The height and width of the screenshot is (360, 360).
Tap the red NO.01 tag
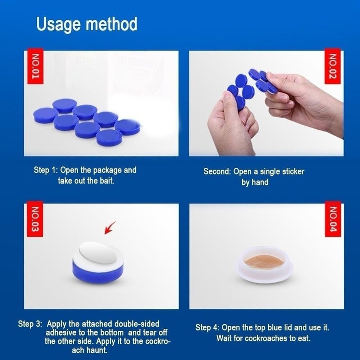(35, 66)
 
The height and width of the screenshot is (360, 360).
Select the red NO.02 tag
(332, 66)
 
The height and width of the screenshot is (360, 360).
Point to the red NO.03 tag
(35, 219)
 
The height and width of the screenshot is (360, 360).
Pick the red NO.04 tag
(333, 219)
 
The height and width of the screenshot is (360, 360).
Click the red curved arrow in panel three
(110, 228)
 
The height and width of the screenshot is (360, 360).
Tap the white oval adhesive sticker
(97, 253)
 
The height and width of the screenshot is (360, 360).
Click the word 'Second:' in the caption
(217, 171)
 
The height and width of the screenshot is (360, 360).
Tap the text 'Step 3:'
(30, 324)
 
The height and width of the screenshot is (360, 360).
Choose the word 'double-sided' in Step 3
(137, 324)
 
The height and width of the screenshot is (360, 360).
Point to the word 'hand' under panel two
(260, 182)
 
